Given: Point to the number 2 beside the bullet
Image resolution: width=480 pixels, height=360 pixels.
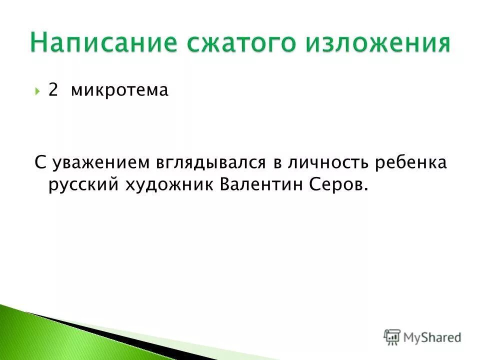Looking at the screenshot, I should pyautogui.click(x=53, y=90).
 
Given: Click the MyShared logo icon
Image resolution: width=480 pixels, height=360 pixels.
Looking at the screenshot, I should pyautogui.click(x=392, y=336).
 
